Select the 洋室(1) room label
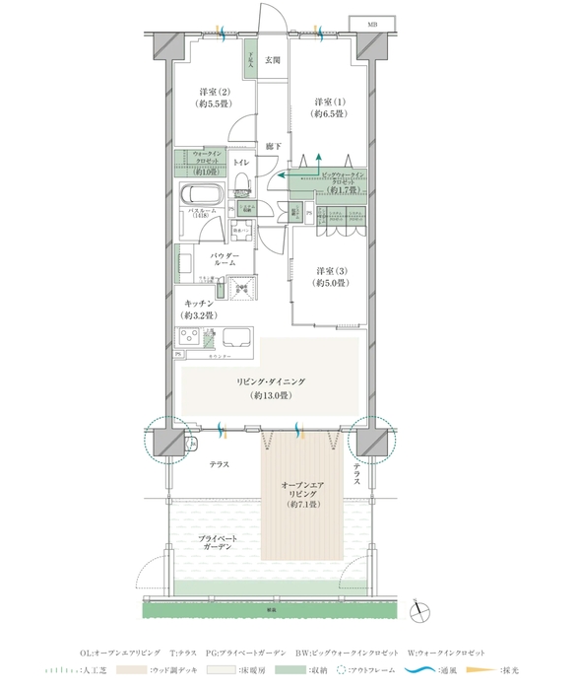(x=329, y=106)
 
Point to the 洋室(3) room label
(x=331, y=276)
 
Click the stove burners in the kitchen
(x=189, y=338)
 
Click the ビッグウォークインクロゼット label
(x=343, y=178)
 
